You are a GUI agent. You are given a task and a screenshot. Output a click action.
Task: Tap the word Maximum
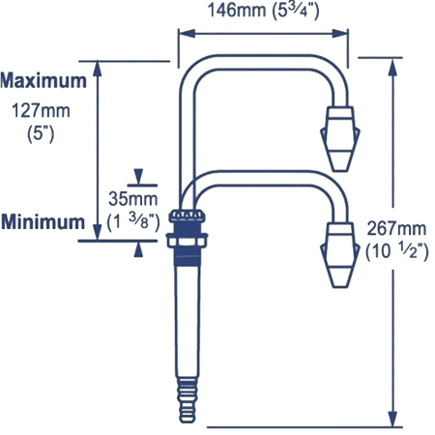coord(43,80)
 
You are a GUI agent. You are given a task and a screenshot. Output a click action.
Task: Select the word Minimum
coord(43,222)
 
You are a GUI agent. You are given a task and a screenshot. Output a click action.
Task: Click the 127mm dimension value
coord(41,111)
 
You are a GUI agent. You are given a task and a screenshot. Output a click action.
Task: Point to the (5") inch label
coord(41,133)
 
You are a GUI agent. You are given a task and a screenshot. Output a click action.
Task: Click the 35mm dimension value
coord(133,199)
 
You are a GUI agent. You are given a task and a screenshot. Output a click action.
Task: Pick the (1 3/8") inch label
coord(133,221)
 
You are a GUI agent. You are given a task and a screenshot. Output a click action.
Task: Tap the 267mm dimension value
coord(396,228)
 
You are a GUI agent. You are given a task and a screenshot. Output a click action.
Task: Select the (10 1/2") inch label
coord(397,251)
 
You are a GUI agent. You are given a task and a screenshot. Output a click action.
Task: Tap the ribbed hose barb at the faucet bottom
coord(188,400)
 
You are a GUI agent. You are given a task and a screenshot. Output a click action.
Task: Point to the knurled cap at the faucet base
coord(188,216)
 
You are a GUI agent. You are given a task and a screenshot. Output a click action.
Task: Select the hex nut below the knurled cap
coord(187,241)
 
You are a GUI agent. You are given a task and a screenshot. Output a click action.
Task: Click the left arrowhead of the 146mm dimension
coord(187,34)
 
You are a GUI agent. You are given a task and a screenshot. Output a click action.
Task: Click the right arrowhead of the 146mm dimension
coord(340,34)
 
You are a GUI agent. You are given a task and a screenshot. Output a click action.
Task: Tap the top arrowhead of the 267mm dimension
coord(392,67)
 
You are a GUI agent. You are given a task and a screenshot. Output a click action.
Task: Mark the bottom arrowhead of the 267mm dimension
coord(392,419)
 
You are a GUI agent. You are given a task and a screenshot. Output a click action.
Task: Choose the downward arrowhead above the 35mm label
coord(138,177)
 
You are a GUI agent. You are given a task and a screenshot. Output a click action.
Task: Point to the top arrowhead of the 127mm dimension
coord(98,69)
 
